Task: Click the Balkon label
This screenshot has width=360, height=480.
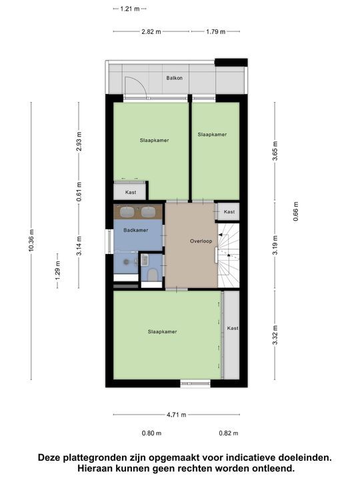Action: [174, 78]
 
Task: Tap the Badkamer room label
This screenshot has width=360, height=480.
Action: [136, 230]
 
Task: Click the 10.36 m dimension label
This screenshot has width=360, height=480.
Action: [31, 241]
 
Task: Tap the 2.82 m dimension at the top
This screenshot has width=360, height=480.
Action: [151, 31]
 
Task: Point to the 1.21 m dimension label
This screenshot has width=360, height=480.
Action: [129, 9]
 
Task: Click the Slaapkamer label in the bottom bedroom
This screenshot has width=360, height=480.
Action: [163, 331]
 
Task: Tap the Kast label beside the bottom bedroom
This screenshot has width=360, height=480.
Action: [232, 328]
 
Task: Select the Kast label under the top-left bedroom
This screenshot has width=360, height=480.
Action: [131, 192]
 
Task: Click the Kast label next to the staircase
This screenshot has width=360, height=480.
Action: [229, 212]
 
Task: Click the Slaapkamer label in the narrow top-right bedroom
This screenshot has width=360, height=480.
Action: [212, 134]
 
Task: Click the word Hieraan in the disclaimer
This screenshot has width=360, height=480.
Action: [97, 469]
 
